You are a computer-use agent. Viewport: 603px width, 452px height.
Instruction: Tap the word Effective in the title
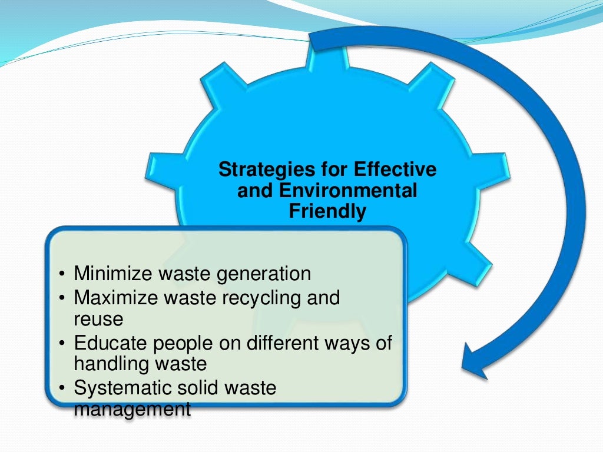tap(396, 170)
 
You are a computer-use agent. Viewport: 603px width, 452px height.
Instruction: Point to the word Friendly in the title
tap(327, 211)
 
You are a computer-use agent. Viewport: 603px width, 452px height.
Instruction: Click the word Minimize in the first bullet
tap(110, 274)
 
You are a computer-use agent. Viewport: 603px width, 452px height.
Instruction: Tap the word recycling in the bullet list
tap(262, 298)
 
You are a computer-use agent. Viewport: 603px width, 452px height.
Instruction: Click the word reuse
tap(98, 319)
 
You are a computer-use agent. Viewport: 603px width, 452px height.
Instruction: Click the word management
tap(132, 408)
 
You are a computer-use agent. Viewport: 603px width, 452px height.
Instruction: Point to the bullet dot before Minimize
tap(62, 275)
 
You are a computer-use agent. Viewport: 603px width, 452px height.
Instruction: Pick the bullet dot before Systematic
tap(62, 388)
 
